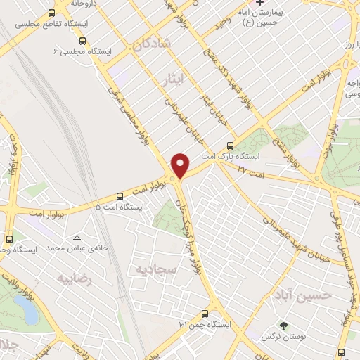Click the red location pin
click(181, 165)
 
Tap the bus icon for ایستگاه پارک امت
click(240, 146)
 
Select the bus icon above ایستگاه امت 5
click(119, 196)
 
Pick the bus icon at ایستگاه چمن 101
click(205, 314)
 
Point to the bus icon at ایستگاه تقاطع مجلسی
click(51, 13)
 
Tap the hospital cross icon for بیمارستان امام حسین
click(259, 4)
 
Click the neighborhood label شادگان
click(150, 45)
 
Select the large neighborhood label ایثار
click(170, 75)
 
